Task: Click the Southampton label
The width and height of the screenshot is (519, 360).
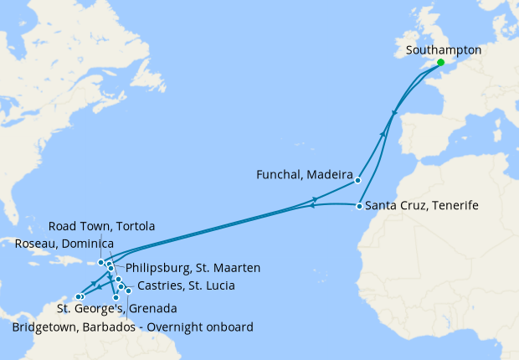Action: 443,50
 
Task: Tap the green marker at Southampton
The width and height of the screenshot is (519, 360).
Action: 440,62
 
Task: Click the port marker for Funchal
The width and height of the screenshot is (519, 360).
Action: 357,180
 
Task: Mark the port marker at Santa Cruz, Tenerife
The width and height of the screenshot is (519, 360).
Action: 358,206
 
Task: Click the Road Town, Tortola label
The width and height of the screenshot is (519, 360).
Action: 101,227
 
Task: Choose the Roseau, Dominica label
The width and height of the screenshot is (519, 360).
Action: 64,243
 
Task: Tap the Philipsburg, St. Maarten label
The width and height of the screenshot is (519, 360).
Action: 193,268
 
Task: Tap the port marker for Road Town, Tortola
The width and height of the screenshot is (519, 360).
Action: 100,262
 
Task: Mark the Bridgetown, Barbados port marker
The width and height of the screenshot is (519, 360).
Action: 128,291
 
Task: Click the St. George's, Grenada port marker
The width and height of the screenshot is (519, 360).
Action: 116,297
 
